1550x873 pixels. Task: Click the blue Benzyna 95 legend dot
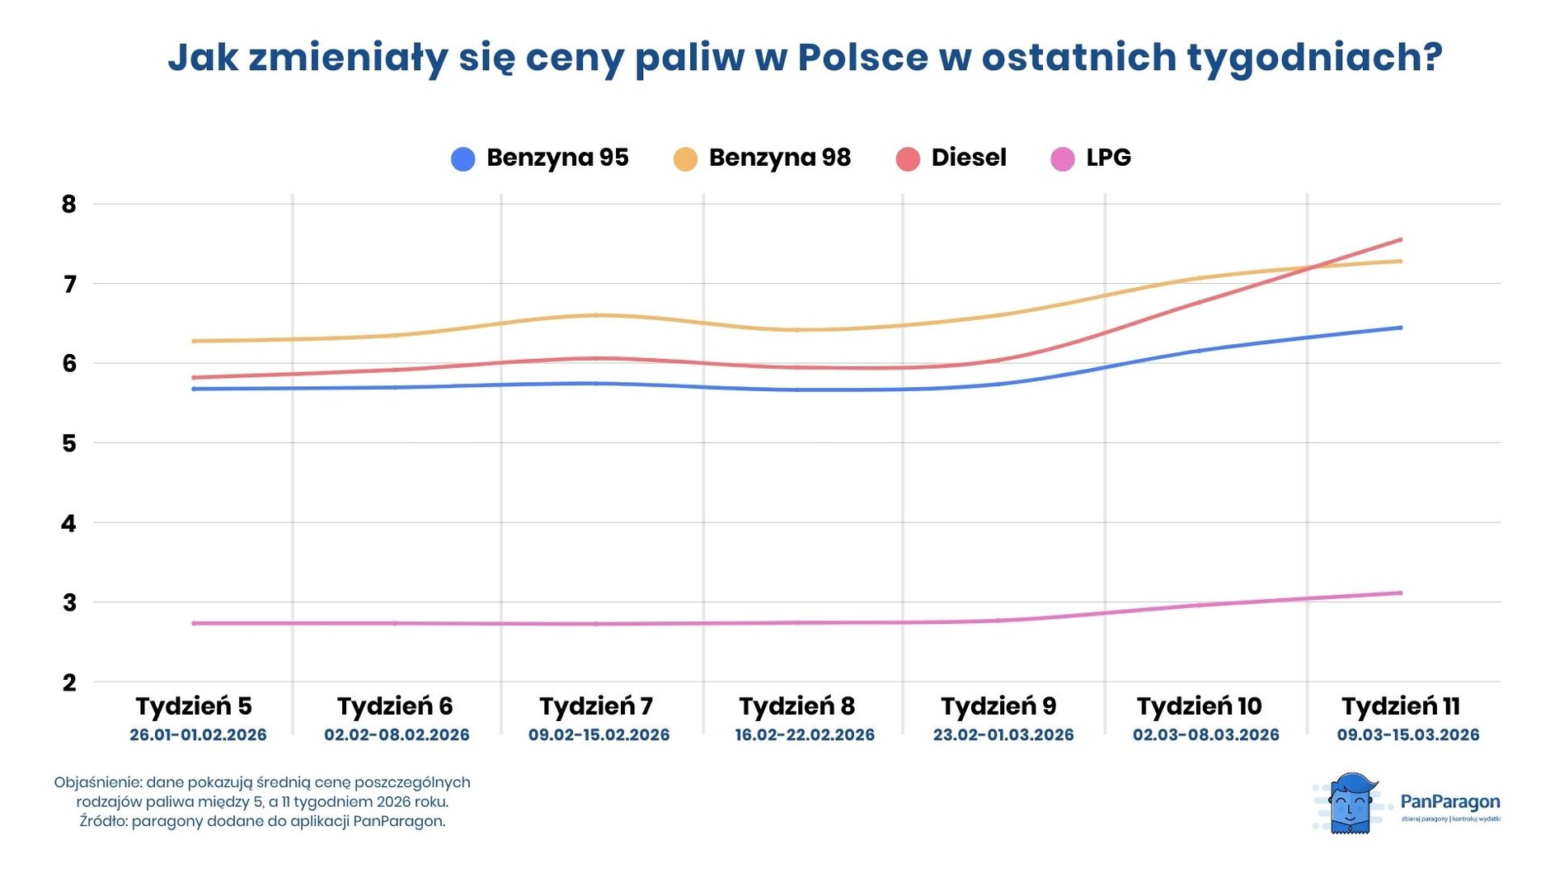463,159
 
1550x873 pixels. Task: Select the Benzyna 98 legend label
779,158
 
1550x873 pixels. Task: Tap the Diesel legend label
968,158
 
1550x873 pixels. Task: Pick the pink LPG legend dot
1063,159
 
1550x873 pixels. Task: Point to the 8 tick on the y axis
69,205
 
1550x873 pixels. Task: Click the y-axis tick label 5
69,444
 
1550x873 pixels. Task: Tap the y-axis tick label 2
69,683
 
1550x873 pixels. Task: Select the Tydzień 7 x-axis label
596,706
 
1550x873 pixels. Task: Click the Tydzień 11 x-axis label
1400,706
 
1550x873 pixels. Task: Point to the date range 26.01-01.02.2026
198,735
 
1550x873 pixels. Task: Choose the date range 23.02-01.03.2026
1003,735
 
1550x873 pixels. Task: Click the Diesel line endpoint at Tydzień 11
1400,240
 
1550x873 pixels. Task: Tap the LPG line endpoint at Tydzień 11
1400,593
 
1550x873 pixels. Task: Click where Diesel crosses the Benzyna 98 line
1309,268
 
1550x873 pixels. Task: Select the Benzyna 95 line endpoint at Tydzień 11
1400,328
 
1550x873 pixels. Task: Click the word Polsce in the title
862,57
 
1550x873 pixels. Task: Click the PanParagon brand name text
1449,802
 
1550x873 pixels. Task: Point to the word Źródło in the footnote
102,822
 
